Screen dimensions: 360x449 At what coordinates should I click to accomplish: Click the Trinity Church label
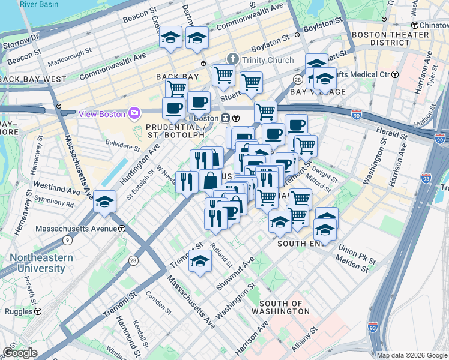click(x=268, y=60)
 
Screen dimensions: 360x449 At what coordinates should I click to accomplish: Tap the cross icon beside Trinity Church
click(x=233, y=59)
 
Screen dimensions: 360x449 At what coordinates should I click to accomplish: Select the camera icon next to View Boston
click(x=133, y=113)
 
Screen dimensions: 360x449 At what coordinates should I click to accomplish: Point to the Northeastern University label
click(x=41, y=263)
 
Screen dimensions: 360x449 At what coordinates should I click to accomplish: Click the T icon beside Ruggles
click(x=38, y=311)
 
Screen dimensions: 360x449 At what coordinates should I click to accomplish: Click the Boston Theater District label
click(x=390, y=38)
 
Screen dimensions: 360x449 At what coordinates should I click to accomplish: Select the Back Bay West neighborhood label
click(x=33, y=79)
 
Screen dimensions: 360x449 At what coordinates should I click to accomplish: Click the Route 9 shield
click(x=67, y=241)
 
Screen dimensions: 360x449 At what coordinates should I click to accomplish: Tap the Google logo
click(x=20, y=353)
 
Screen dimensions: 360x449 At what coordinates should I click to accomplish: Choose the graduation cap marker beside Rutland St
click(x=200, y=262)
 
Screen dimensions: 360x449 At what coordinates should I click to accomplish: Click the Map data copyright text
click(x=412, y=355)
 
